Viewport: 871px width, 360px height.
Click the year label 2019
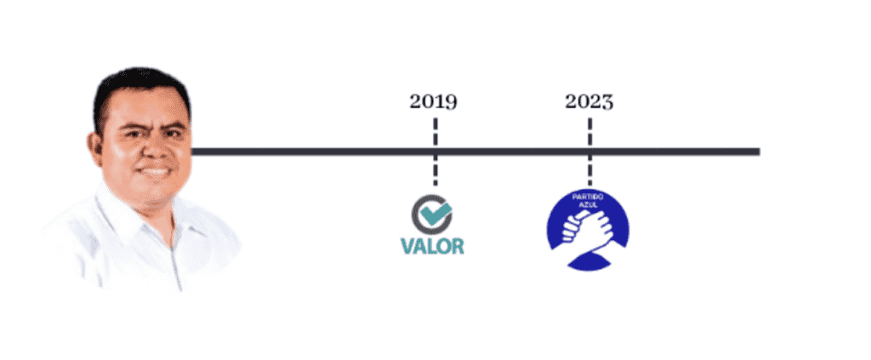[x=433, y=102]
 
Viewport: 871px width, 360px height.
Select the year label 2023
[x=589, y=102]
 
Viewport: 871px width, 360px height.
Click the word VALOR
[x=432, y=247]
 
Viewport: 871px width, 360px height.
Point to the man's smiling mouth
[x=155, y=170]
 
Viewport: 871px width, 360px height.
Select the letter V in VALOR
[x=407, y=247]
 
